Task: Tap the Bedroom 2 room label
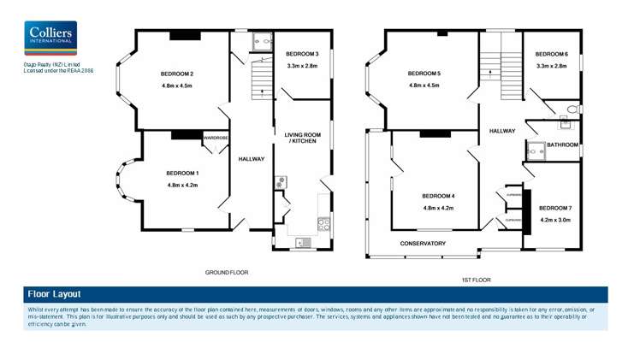pyautogui.click(x=176, y=73)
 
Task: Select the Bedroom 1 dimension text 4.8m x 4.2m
pyautogui.click(x=182, y=186)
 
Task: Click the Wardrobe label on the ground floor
pyautogui.click(x=215, y=138)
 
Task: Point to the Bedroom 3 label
pyautogui.click(x=302, y=53)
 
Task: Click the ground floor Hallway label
pyautogui.click(x=251, y=159)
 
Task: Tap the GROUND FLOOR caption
pyautogui.click(x=226, y=272)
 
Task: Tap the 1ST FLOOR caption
pyautogui.click(x=476, y=280)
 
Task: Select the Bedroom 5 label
pyautogui.click(x=424, y=73)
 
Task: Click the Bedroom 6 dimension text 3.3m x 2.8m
pyautogui.click(x=552, y=66)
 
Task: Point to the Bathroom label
pyautogui.click(x=562, y=145)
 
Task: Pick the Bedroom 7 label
pyautogui.click(x=554, y=208)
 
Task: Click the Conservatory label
pyautogui.click(x=423, y=244)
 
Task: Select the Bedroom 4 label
pyautogui.click(x=438, y=196)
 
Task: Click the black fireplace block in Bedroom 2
pyautogui.click(x=184, y=35)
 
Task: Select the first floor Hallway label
pyautogui.click(x=501, y=131)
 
